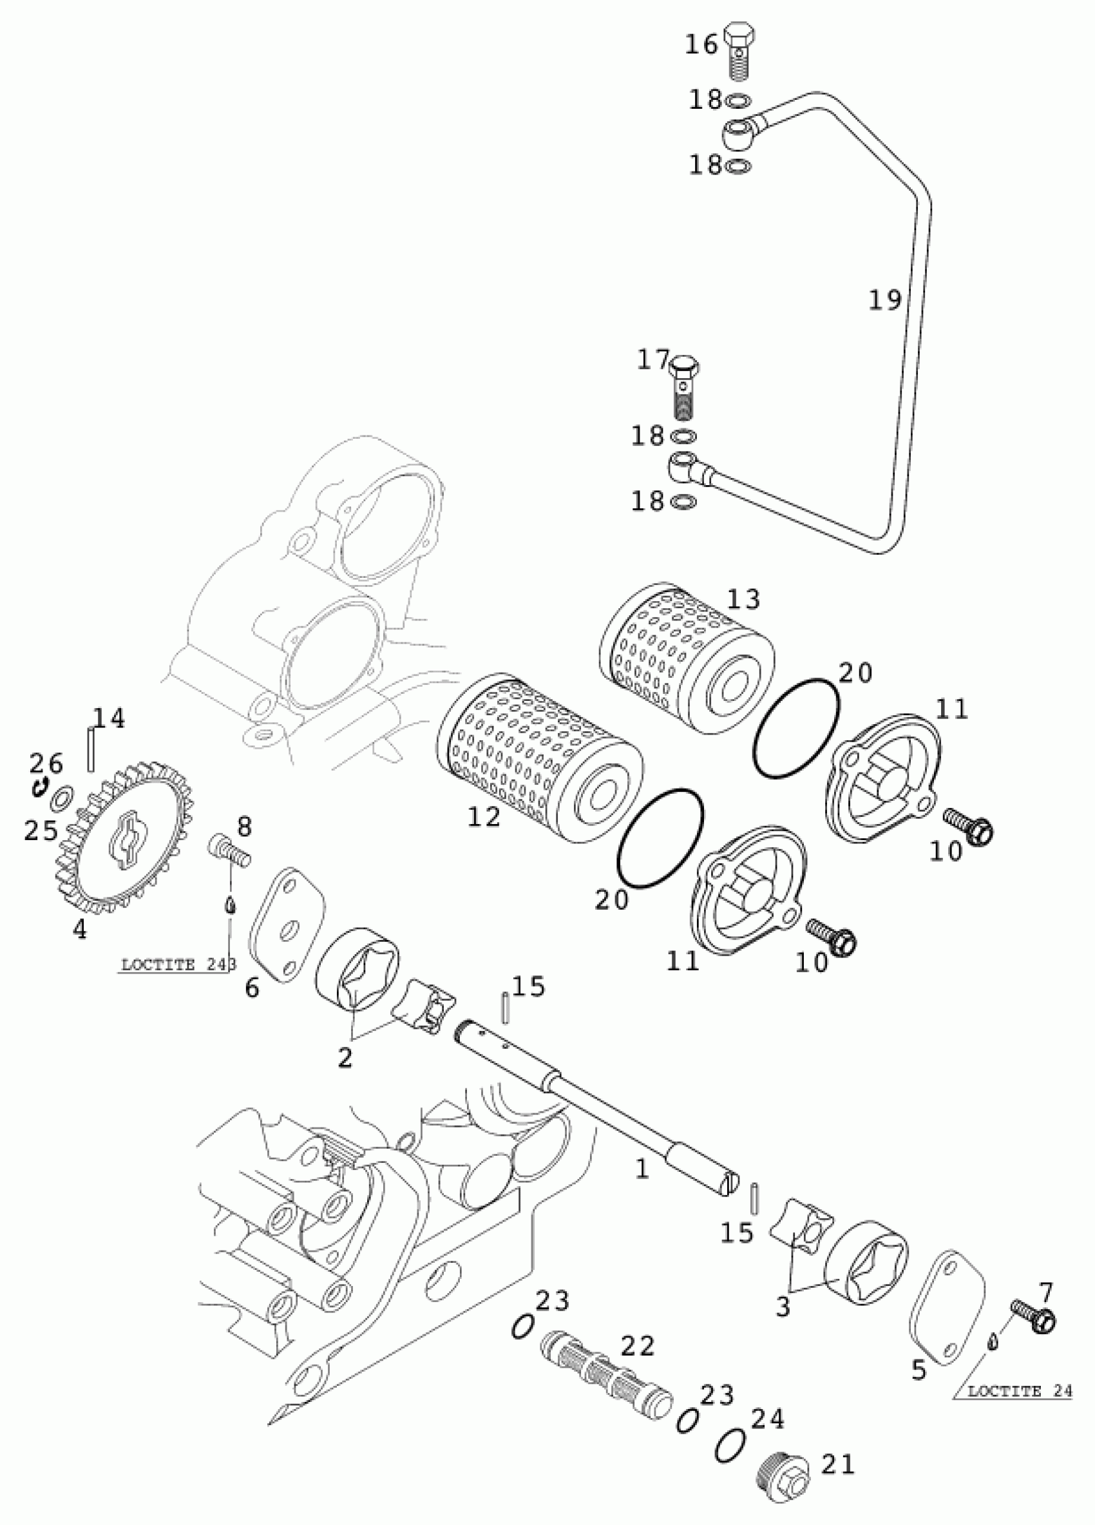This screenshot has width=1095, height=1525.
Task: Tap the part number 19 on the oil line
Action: pos(884,301)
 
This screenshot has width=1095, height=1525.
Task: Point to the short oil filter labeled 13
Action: pos(685,662)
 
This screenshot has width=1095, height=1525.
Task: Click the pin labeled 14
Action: pos(90,751)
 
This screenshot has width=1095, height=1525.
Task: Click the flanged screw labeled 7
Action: pos(1035,1303)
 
